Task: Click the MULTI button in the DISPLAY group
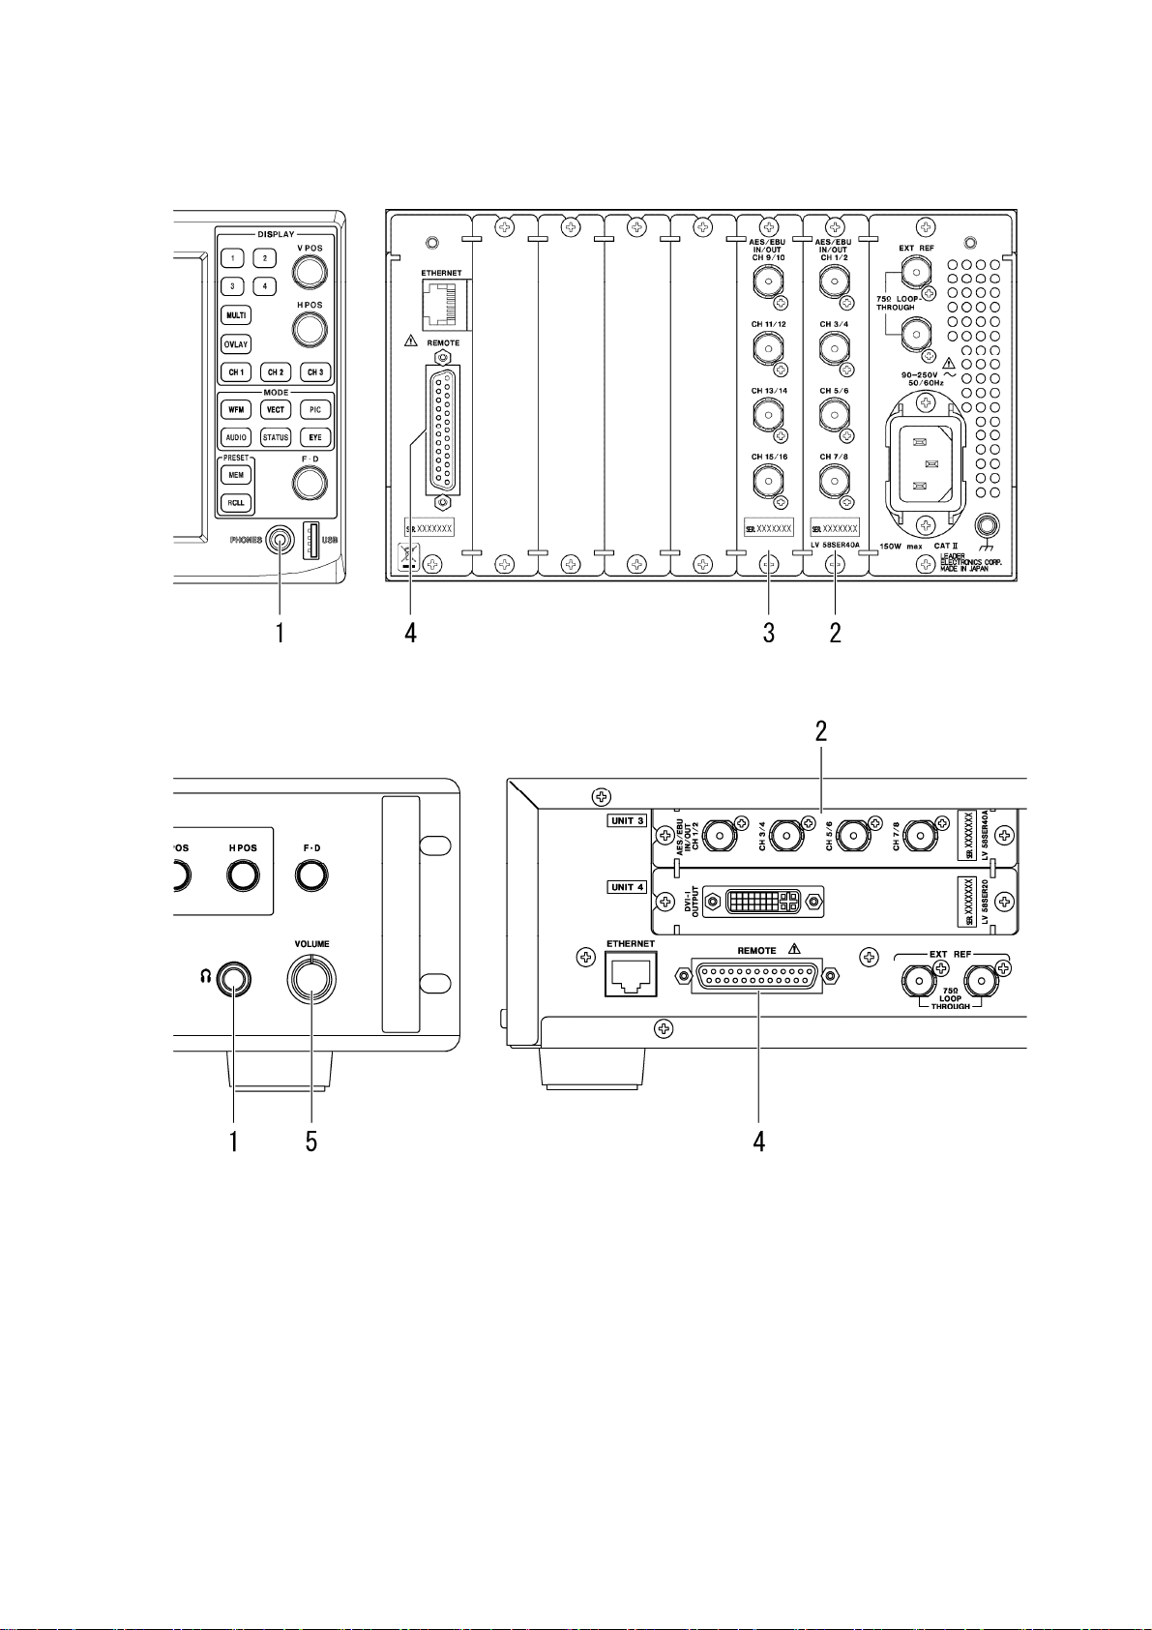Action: coord(236,315)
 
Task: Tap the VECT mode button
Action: coord(276,409)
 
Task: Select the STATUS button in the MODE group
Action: coord(276,437)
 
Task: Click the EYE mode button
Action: coord(315,437)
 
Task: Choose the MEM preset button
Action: coord(236,475)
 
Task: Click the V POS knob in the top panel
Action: coord(309,273)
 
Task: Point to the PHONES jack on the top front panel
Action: coord(281,539)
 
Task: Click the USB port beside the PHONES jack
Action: coord(310,539)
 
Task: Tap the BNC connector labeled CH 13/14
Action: coord(768,413)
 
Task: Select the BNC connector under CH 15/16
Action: coord(768,479)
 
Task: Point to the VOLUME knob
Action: coord(311,979)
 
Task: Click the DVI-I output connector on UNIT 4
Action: coord(761,902)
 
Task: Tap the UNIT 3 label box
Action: coord(627,821)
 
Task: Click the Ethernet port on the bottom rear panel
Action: coord(631,972)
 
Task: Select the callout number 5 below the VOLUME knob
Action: coord(311,1141)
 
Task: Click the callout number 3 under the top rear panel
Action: coord(768,633)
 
